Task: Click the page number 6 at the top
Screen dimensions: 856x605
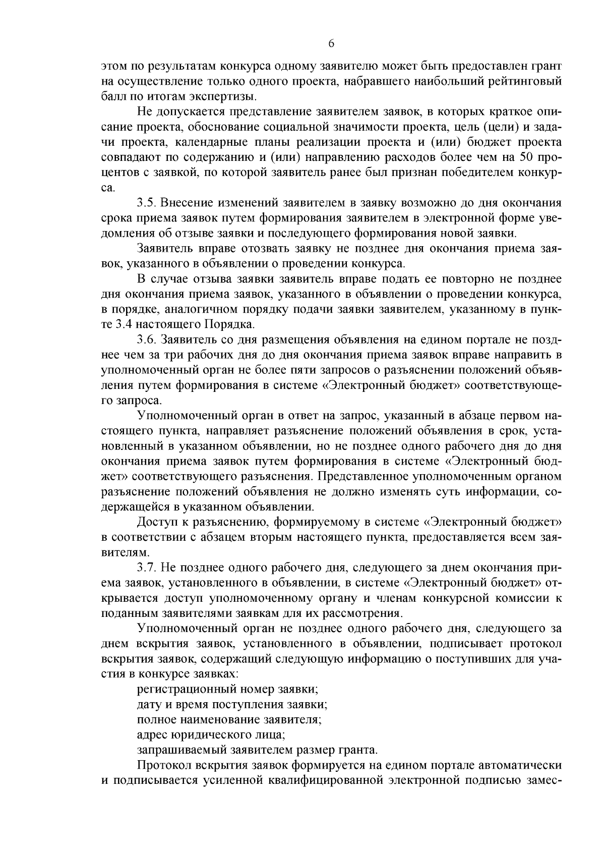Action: coord(331,44)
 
